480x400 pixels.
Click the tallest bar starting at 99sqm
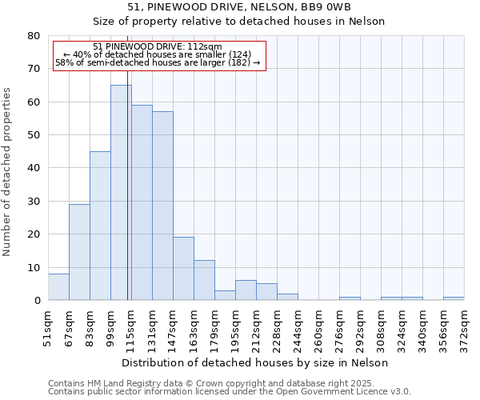(x=121, y=192)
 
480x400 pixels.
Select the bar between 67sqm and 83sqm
(x=79, y=252)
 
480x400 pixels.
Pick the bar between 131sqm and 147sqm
(x=162, y=206)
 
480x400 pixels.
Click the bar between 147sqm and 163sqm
(x=183, y=269)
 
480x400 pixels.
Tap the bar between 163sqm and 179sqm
(x=204, y=280)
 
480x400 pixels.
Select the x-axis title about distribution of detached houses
(x=256, y=362)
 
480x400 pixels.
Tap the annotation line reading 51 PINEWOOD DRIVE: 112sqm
(x=157, y=47)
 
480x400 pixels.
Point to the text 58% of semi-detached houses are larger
(x=157, y=62)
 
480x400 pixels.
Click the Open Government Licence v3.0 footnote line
(x=230, y=392)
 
